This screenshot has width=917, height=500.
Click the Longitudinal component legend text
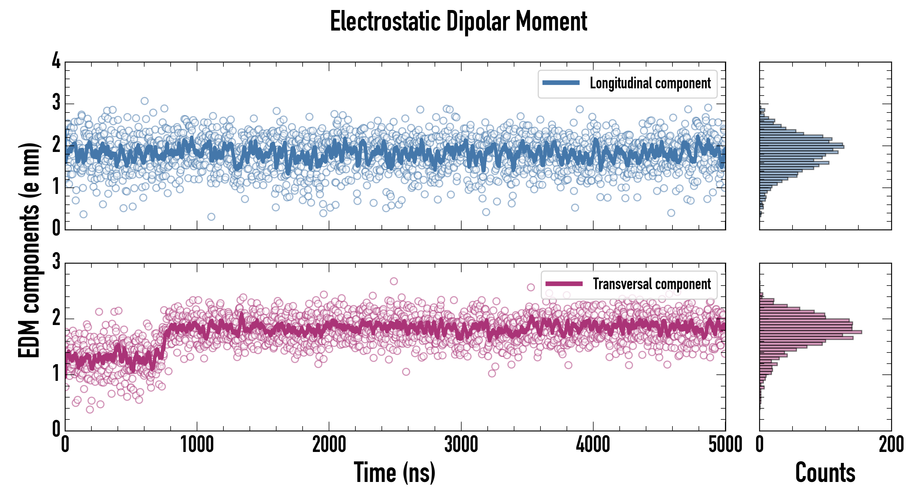[x=650, y=83]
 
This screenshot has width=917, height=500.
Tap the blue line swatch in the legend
[x=561, y=83]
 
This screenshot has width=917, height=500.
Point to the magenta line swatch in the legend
[x=564, y=284]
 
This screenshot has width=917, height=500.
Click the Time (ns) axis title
[x=394, y=472]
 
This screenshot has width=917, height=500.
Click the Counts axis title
[x=825, y=472]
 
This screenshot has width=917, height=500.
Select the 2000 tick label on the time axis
[x=329, y=444]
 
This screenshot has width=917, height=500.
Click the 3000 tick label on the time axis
[x=461, y=444]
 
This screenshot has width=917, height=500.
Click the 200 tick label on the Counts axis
[x=891, y=444]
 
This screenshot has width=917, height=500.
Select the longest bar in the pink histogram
[x=811, y=332]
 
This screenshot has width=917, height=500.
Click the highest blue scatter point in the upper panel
[x=144, y=101]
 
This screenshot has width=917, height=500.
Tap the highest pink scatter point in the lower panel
[x=394, y=281]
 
